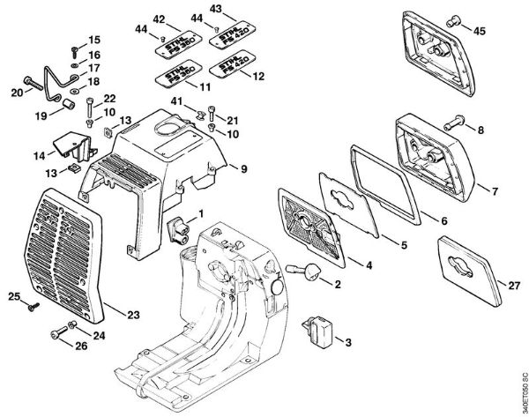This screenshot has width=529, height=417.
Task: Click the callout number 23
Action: click(133, 314)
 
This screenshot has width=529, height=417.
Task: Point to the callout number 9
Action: click(243, 166)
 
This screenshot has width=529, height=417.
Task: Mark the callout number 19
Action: click(39, 115)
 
